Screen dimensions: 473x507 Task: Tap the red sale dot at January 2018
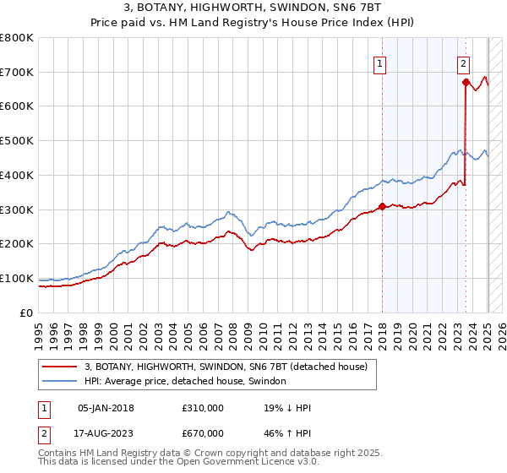coord(382,205)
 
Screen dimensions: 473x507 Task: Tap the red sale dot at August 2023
coord(466,82)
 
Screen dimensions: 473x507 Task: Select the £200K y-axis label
coord(17,244)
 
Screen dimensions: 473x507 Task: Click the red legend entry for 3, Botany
coord(226,367)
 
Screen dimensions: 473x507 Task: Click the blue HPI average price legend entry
coord(185,382)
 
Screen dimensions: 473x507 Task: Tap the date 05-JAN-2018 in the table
coord(106,408)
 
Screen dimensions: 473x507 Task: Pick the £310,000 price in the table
coord(202,408)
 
